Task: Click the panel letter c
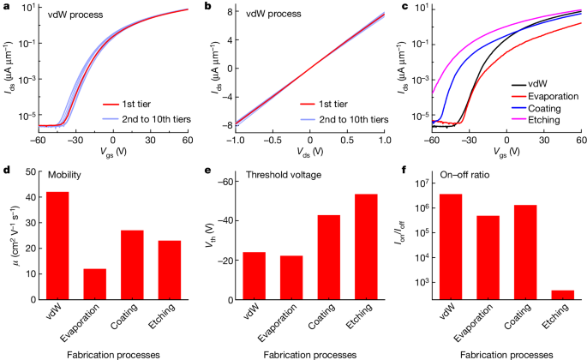[404, 7]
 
